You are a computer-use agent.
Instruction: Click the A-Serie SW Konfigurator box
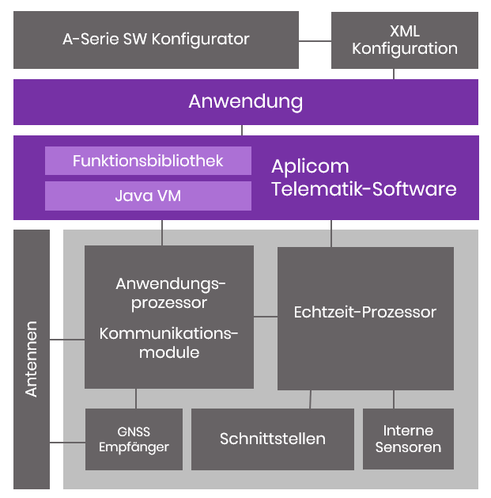pos(156,39)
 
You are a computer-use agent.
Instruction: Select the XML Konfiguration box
pos(404,40)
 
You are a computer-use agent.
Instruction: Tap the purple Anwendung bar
pos(245,101)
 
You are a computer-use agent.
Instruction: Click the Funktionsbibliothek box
pos(148,161)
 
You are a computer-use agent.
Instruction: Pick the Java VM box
pos(148,196)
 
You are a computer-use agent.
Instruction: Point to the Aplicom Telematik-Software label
pos(364,178)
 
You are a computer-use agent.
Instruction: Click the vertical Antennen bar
pos(32,359)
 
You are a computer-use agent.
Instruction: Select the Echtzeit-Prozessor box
pos(364,317)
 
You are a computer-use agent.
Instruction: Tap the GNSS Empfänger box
pos(134,439)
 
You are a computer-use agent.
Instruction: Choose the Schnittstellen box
pos(273,439)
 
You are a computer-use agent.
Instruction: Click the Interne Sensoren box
pos(408,439)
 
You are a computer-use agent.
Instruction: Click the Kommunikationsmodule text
pos(168,343)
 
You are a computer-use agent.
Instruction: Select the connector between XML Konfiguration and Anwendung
pos(394,74)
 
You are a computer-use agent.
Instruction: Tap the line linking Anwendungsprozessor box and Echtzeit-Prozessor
pos(266,317)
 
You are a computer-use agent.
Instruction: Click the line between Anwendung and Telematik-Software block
pos(242,130)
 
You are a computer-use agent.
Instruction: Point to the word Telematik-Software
pos(364,189)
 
